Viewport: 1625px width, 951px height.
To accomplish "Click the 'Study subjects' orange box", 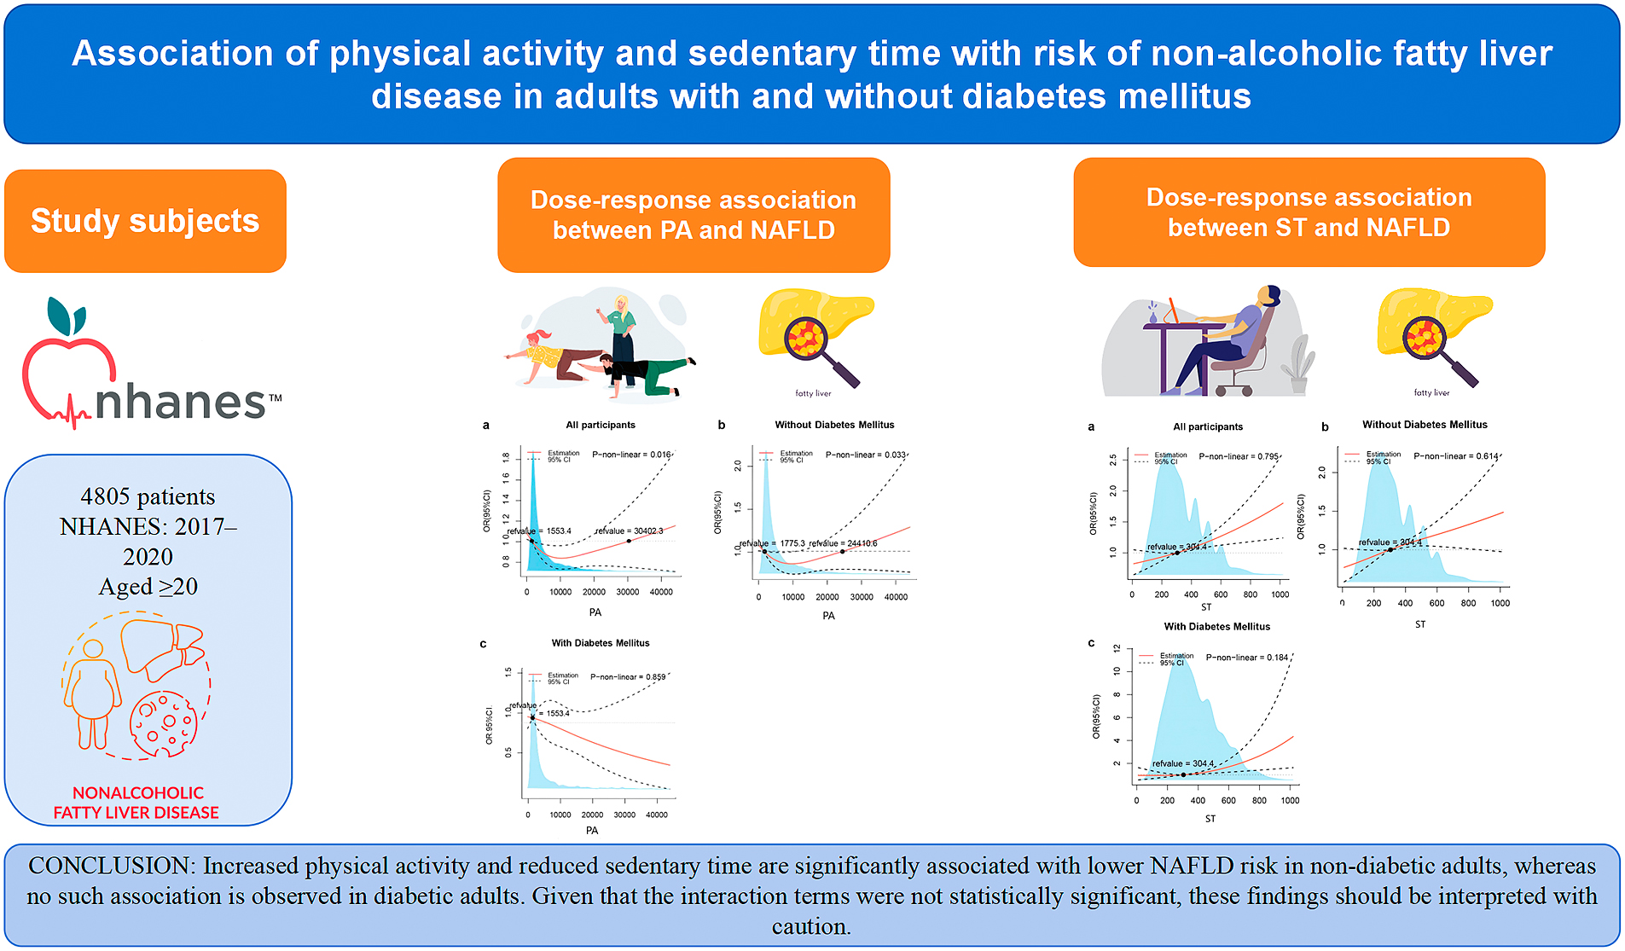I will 145,221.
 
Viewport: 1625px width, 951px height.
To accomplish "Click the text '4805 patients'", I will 148,496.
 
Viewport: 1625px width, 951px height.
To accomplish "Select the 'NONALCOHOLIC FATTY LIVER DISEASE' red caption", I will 136,803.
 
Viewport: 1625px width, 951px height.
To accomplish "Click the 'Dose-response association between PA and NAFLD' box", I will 693,215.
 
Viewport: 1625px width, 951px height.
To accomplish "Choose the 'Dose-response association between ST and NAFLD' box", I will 1309,212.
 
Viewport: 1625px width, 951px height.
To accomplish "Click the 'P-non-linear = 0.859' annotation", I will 628,677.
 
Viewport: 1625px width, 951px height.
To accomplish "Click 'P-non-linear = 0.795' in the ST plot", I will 1239,456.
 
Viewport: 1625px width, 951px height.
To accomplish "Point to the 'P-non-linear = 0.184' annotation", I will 1246,658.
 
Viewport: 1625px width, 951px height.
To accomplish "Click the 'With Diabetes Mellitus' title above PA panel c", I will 601,643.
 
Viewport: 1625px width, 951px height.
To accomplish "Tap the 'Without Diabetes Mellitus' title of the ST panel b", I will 1425,425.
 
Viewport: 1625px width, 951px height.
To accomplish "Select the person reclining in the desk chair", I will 1228,341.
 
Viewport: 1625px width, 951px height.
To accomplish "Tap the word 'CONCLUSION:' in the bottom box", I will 112,866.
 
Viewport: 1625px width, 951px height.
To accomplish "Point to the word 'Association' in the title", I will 171,54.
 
